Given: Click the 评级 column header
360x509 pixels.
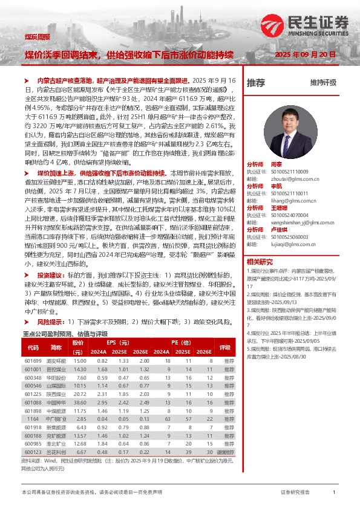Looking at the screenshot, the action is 225,348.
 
